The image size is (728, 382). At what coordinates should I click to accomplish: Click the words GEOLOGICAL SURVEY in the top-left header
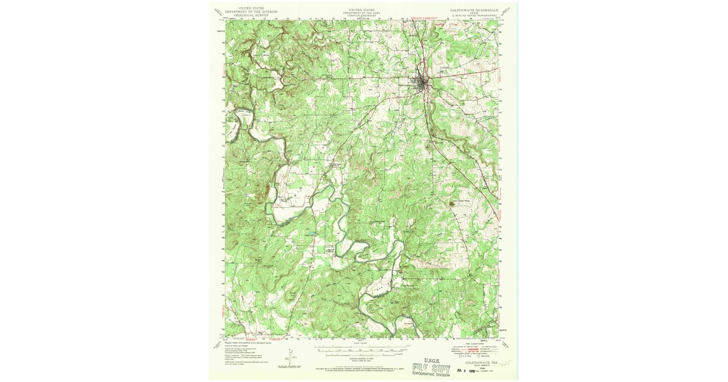click(251, 15)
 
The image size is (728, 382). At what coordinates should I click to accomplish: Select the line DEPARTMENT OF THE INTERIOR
click(251, 12)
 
